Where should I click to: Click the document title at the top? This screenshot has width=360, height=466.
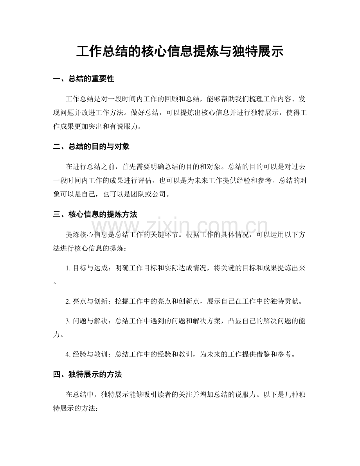(x=180, y=52)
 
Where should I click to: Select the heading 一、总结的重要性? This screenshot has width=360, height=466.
(x=83, y=79)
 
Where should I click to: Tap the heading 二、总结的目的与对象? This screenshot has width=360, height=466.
(x=91, y=147)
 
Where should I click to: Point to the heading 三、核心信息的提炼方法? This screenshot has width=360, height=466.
(x=95, y=214)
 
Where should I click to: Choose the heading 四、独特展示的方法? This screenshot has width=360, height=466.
(x=87, y=374)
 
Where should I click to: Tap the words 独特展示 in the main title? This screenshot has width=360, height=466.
(x=241, y=52)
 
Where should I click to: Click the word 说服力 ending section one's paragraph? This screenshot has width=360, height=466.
(x=128, y=127)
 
